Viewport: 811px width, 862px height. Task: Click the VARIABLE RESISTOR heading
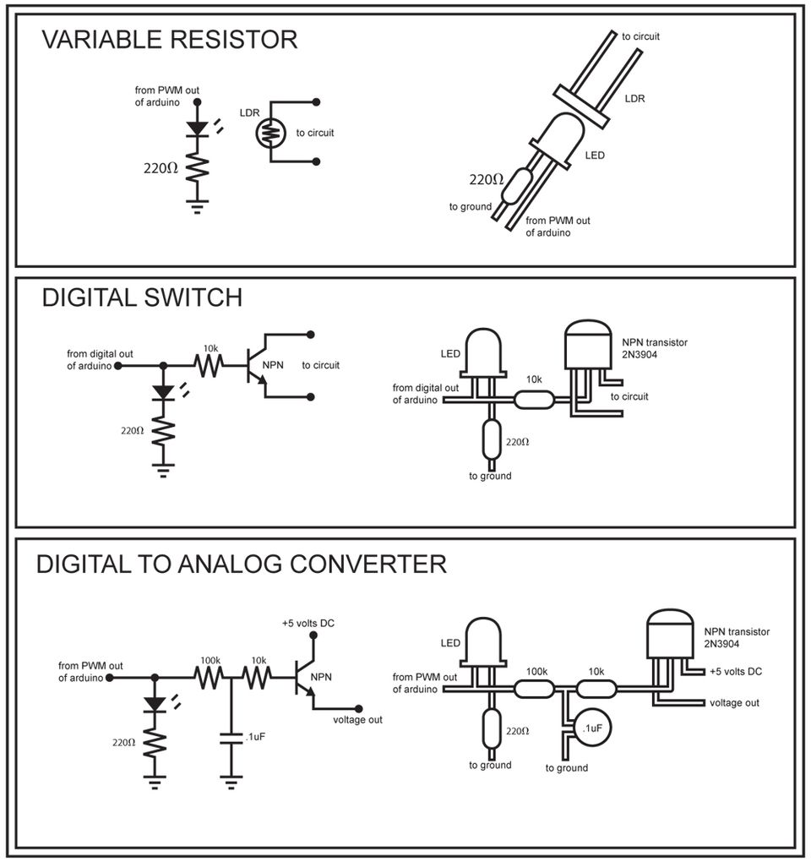(169, 40)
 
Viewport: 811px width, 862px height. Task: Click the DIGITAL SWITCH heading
(142, 297)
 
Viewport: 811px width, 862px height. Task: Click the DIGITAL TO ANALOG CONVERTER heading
(241, 564)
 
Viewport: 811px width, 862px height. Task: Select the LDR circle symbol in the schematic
(269, 132)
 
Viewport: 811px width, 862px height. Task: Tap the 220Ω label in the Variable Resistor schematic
(160, 168)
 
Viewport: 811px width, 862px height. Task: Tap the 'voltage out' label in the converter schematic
(358, 720)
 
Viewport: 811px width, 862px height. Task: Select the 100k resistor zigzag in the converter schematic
(210, 677)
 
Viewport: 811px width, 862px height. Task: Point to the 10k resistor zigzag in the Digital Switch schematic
(209, 366)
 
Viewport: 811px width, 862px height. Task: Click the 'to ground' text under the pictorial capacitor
(566, 768)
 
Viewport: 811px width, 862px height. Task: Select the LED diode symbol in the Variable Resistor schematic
(198, 128)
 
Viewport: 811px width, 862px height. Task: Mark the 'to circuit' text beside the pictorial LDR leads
(640, 36)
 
